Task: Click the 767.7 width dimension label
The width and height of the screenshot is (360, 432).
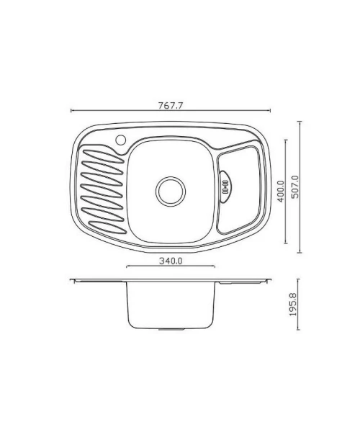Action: click(x=171, y=106)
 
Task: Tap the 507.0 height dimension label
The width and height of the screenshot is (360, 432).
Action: click(x=295, y=186)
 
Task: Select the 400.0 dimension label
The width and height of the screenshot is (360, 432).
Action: click(x=280, y=192)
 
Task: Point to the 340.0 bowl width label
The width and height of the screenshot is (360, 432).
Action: click(x=171, y=261)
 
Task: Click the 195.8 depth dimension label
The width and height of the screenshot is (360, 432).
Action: click(x=293, y=304)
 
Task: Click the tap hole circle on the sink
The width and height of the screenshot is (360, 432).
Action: click(x=121, y=140)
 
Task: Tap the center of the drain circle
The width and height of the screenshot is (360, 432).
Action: click(x=171, y=192)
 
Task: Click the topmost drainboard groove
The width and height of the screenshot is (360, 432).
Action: click(x=103, y=156)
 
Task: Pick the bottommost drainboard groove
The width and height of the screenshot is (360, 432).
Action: click(x=108, y=227)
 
